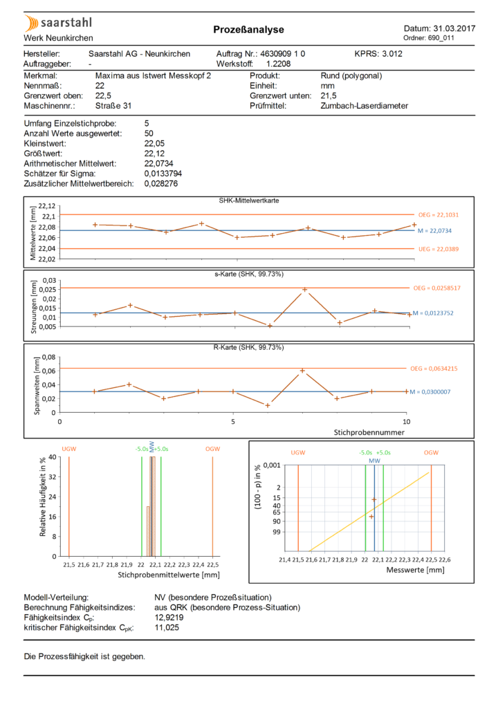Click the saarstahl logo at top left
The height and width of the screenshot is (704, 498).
[58, 23]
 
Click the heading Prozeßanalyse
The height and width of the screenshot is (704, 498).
[248, 30]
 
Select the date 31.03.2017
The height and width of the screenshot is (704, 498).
[454, 29]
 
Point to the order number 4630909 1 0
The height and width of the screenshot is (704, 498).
[282, 54]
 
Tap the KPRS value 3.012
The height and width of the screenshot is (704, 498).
[392, 54]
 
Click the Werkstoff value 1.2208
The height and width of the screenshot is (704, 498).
[279, 64]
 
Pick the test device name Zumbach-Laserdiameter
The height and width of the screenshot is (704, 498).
[365, 106]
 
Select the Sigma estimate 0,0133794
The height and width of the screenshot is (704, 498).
[163, 174]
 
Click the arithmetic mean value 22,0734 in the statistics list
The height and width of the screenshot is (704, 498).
[158, 163]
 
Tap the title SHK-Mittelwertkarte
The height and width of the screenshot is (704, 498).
[249, 201]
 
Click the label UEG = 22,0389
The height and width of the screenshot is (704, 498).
[439, 249]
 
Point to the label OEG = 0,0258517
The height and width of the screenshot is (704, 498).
[437, 288]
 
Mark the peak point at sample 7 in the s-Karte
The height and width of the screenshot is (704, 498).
[305, 290]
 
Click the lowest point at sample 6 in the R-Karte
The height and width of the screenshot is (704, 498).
[268, 405]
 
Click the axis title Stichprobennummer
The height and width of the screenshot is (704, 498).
[369, 432]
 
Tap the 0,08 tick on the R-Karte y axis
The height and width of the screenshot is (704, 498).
[49, 358]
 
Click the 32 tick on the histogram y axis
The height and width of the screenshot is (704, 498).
[53, 476]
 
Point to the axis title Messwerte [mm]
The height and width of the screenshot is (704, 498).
[416, 571]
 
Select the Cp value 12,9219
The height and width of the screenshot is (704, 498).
[169, 618]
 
